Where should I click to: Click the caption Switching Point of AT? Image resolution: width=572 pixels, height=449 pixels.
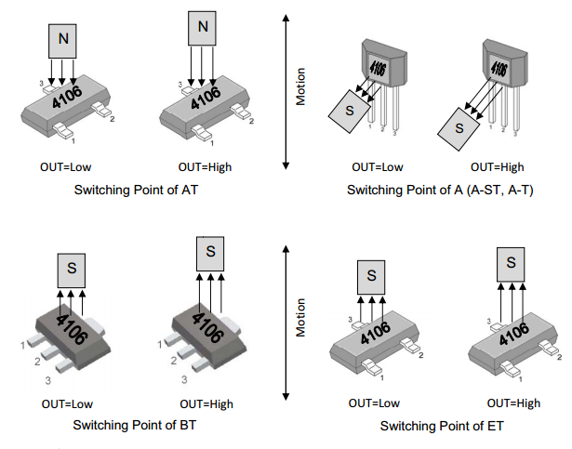(x=136, y=190)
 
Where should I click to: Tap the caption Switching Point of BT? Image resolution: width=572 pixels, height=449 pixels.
(x=135, y=425)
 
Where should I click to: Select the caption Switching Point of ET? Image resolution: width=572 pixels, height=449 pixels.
(x=442, y=426)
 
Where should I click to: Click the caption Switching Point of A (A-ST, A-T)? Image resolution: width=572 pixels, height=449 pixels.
(x=440, y=190)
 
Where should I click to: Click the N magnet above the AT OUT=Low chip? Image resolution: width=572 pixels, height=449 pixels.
(x=62, y=41)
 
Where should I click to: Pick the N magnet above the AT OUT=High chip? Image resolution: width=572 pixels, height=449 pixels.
(x=202, y=29)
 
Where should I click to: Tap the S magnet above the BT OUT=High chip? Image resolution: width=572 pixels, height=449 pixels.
(x=210, y=254)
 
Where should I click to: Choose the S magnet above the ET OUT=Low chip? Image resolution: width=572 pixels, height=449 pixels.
(x=371, y=278)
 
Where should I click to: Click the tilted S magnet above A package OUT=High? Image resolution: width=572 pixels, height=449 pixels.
(x=459, y=129)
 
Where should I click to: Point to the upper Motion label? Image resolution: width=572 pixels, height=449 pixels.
(x=300, y=86)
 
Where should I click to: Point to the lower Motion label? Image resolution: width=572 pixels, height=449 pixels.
(x=300, y=318)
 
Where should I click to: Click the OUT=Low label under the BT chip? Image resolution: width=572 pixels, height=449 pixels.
(x=67, y=404)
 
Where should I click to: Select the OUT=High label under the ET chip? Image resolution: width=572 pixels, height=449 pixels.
(x=513, y=403)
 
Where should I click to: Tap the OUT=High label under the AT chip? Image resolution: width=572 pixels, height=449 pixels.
(x=205, y=167)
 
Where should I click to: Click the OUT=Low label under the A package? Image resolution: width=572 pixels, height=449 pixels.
(x=378, y=167)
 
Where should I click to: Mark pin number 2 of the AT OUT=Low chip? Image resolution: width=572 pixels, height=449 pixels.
(x=113, y=119)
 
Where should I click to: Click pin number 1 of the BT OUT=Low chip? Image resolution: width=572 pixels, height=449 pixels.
(x=23, y=345)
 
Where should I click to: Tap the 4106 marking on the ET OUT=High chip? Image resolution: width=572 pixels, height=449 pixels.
(x=514, y=334)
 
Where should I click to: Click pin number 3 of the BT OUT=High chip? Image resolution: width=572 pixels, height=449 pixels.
(x=184, y=379)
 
